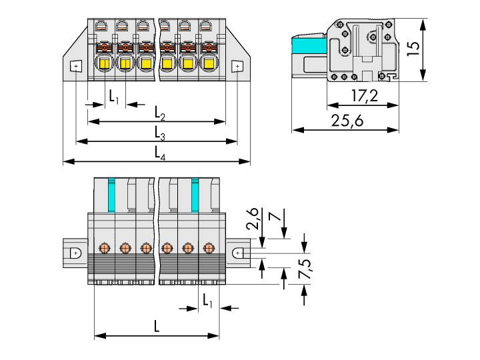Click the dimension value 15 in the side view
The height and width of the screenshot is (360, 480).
click(414, 49)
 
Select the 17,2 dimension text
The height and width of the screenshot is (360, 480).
click(364, 97)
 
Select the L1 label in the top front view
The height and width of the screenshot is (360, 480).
click(114, 97)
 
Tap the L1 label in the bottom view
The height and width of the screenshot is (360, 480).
click(208, 301)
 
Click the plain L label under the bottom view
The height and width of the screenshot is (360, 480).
click(157, 327)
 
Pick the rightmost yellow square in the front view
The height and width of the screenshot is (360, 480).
click(209, 64)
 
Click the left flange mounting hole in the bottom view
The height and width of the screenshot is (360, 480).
click(76, 253)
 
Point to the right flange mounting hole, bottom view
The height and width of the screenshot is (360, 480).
click(237, 253)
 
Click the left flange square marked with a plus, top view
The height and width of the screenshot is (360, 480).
click(76, 67)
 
